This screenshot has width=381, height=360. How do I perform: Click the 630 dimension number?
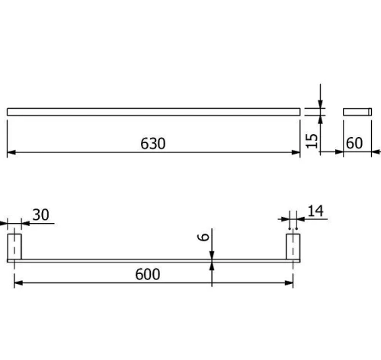153,144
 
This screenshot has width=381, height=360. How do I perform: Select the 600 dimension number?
148,274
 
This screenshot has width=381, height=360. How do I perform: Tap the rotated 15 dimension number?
312,141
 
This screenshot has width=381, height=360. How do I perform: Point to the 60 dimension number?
354,143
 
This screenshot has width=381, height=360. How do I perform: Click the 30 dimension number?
40,215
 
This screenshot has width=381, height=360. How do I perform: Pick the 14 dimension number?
315,211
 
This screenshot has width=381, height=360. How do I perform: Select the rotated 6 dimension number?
203,237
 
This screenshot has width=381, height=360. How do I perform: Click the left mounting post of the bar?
14,247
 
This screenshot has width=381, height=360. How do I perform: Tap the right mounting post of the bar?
293,247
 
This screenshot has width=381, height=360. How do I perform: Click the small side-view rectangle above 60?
357,112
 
